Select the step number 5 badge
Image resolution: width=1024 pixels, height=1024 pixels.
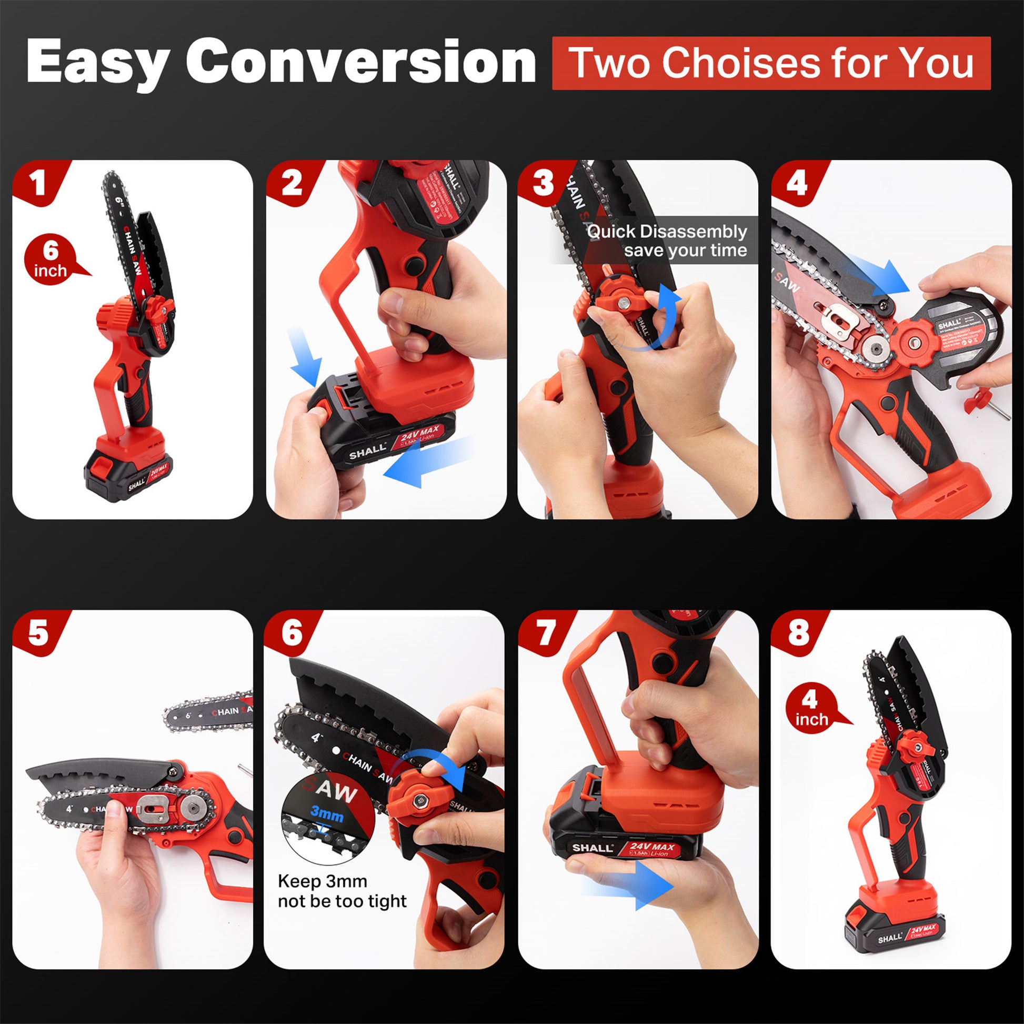pyautogui.click(x=38, y=634)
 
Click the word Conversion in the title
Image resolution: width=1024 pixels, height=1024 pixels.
pyautogui.click(x=360, y=63)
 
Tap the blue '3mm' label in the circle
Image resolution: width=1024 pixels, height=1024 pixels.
pyautogui.click(x=326, y=812)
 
